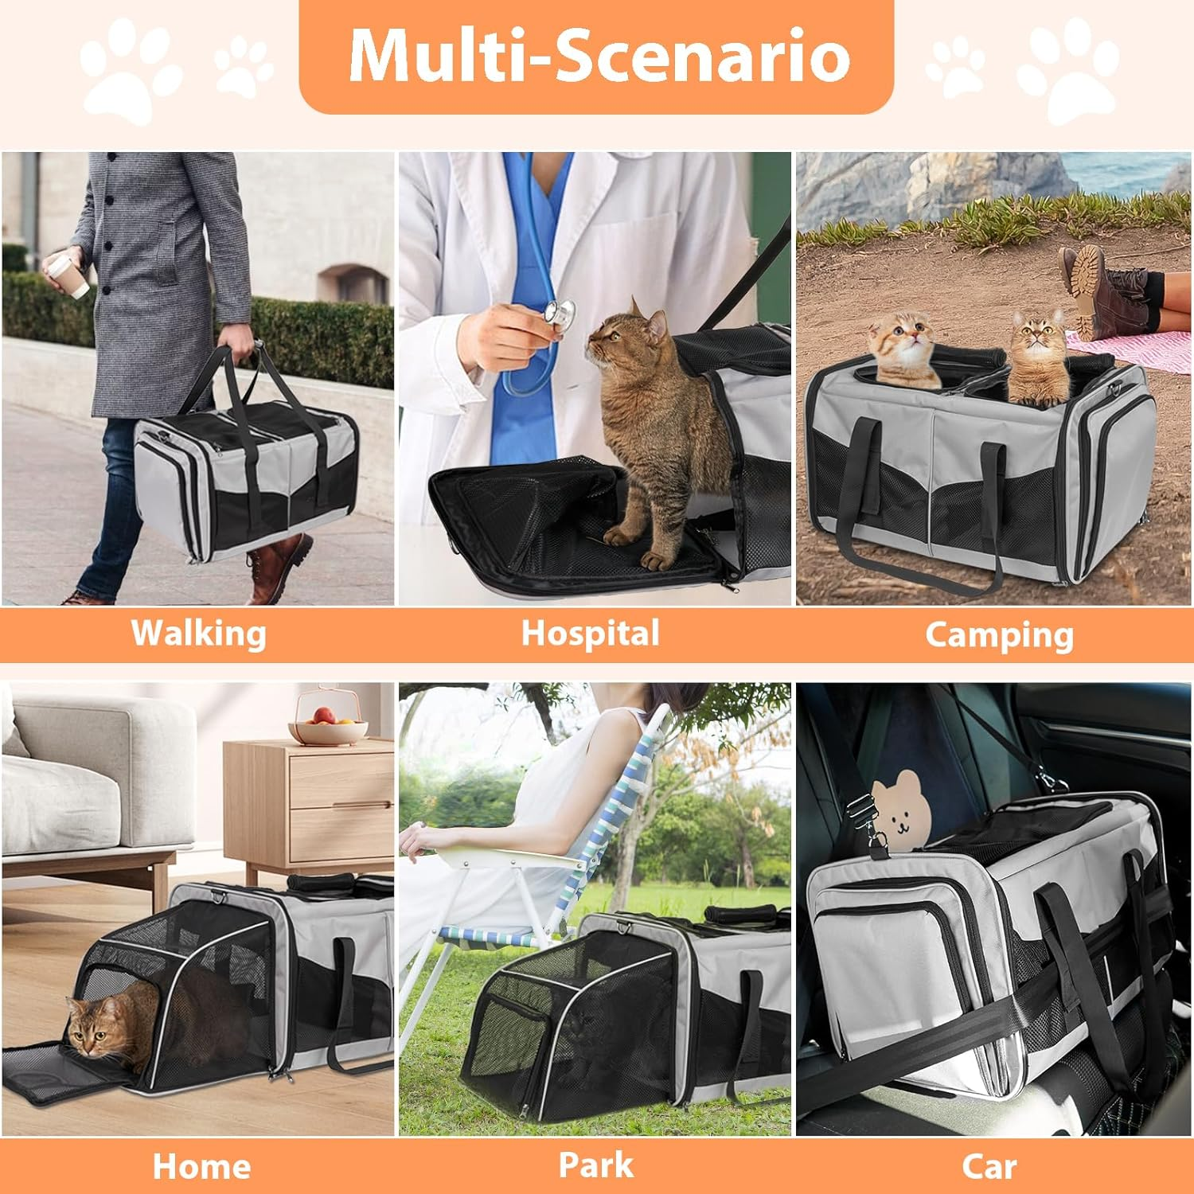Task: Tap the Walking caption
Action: pyautogui.click(x=198, y=634)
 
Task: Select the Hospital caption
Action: pyautogui.click(x=590, y=634)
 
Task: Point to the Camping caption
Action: pyautogui.click(x=999, y=635)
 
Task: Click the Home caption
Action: pyautogui.click(x=201, y=1167)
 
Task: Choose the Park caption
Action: pyautogui.click(x=596, y=1165)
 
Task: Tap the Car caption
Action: pyautogui.click(x=989, y=1167)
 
